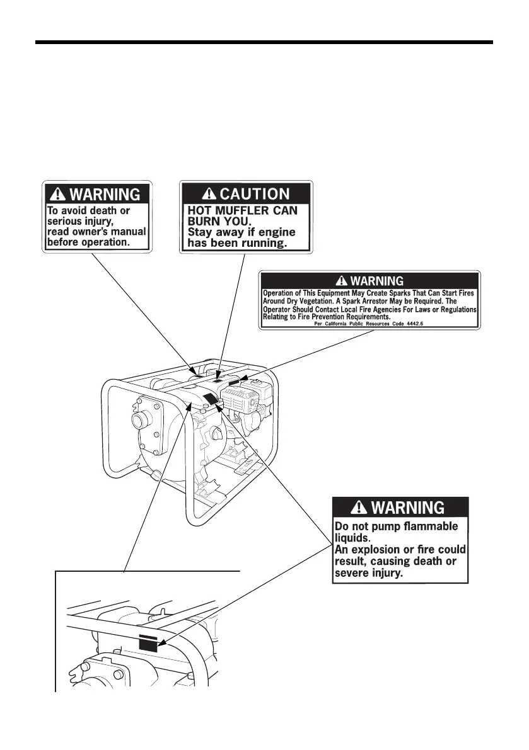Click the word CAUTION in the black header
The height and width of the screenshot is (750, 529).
click(x=255, y=193)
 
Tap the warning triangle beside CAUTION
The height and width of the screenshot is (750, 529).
click(x=209, y=193)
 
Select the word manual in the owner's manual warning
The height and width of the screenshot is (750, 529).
click(x=129, y=231)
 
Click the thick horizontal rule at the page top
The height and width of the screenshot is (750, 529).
click(x=264, y=43)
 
